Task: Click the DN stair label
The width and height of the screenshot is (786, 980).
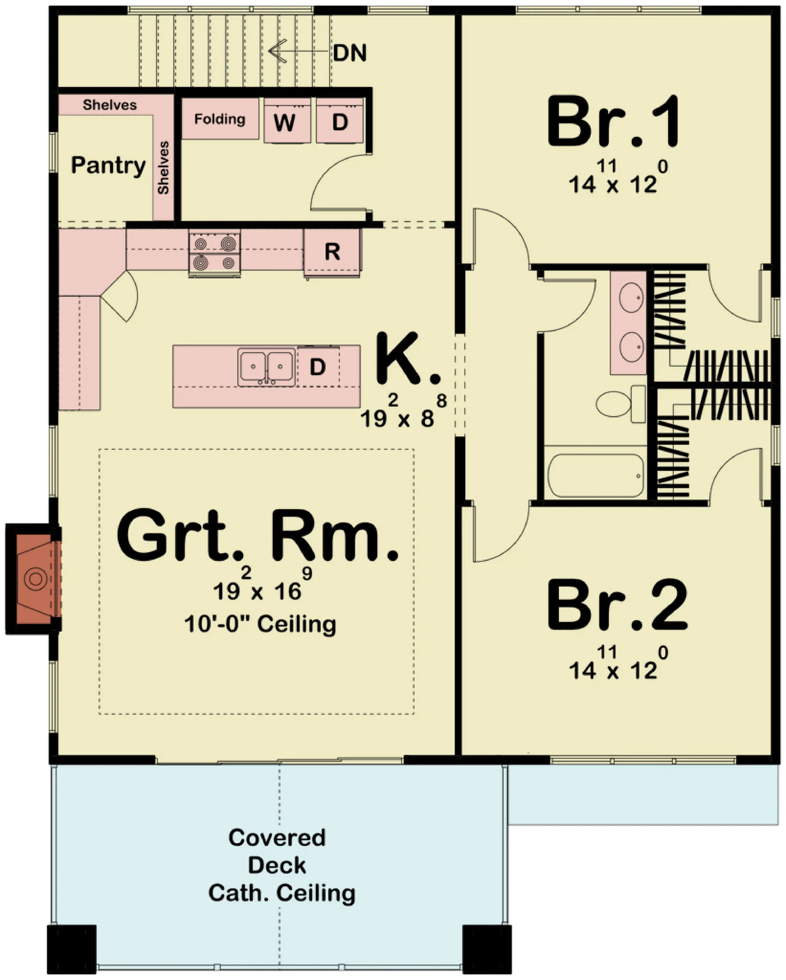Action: click(350, 53)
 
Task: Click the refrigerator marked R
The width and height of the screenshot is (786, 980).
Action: click(332, 252)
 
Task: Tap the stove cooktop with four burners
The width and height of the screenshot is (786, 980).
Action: click(215, 253)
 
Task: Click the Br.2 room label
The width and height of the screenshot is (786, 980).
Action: click(617, 605)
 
